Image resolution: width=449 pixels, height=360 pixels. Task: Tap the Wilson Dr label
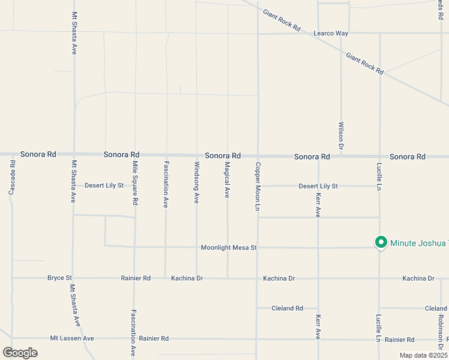(341, 136)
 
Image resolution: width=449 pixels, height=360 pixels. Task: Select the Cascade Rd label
(12, 178)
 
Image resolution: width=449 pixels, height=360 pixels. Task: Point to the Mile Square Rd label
(135, 184)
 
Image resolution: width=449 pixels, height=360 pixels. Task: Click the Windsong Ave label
(196, 182)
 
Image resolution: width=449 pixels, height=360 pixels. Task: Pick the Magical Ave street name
(227, 180)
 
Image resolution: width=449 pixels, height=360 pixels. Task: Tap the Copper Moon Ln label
(258, 187)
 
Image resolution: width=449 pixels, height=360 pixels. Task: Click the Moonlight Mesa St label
(229, 247)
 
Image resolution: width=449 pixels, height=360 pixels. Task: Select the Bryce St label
(59, 278)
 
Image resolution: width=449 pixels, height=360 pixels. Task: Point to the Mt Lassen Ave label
(72, 338)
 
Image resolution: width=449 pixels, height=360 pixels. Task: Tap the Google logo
(20, 353)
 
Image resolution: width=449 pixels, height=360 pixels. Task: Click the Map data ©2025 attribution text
(424, 355)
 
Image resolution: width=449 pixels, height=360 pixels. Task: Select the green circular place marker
(380, 242)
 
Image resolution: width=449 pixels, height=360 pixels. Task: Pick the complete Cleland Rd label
(287, 308)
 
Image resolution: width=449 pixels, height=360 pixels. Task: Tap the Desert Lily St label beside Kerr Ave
(318, 186)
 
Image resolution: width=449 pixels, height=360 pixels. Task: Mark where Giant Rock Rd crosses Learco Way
(313, 33)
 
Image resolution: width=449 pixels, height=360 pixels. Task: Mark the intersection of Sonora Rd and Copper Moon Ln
(258, 155)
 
